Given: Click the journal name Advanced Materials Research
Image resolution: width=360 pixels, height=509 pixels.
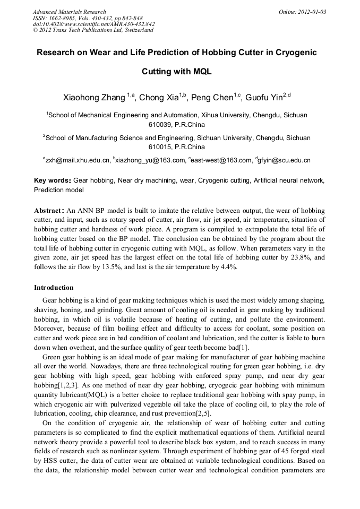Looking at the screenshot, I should click(x=69, y=12).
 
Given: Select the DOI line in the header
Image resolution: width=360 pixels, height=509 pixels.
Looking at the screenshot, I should click(x=93, y=24).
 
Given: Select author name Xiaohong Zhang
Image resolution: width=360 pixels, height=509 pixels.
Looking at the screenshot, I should click(x=94, y=98).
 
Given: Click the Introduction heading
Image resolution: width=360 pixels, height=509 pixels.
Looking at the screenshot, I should click(x=54, y=288).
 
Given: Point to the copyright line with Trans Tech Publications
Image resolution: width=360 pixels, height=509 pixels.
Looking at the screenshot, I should click(x=93, y=30).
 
